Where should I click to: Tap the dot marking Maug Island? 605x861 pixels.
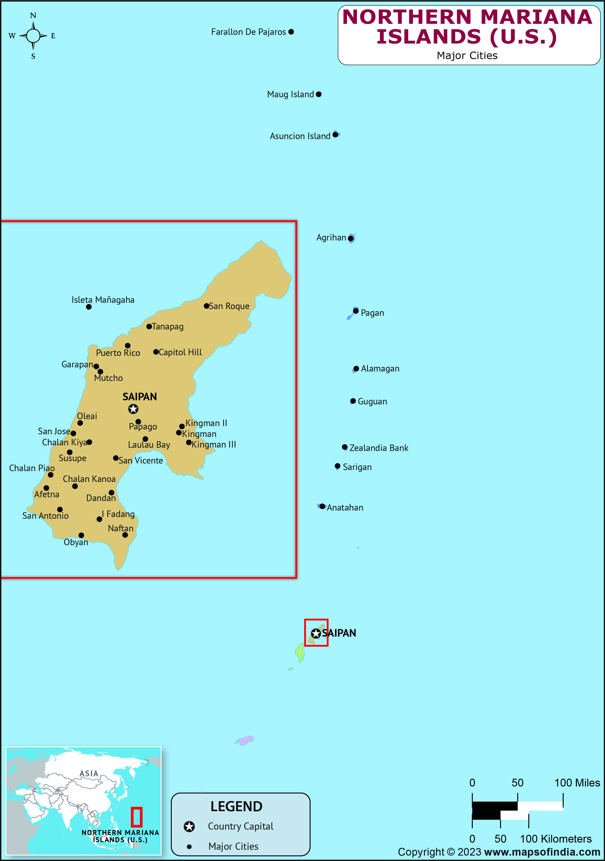pos(318,94)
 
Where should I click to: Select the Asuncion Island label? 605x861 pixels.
pos(300,136)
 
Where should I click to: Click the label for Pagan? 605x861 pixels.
pos(372,313)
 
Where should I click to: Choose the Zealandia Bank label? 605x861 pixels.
pos(379,448)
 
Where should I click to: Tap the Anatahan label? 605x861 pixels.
pos(345,508)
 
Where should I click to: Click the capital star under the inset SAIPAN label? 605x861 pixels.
pos(133,409)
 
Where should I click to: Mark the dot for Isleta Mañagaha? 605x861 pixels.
pos(89,307)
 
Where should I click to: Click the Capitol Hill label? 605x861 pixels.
pos(180,352)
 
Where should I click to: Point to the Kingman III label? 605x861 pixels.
pos(214,445)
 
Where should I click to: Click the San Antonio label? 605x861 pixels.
pos(45,516)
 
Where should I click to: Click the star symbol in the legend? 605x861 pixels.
pos(189,827)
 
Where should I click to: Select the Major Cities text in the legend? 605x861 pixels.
pos(233,846)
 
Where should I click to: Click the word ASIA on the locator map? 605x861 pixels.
pos(89,774)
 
